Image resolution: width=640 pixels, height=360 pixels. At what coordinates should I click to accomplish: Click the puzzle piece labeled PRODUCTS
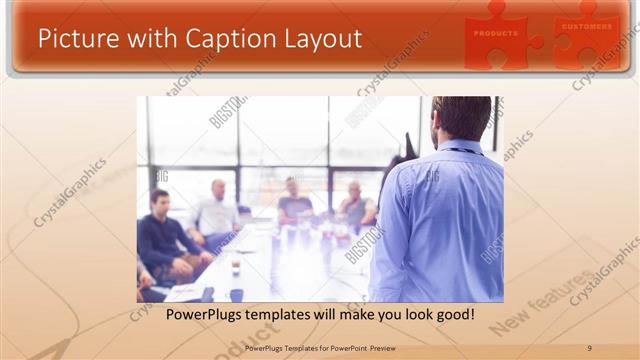coord(498,34)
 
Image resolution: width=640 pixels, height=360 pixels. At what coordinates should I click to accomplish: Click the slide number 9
coord(589,347)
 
